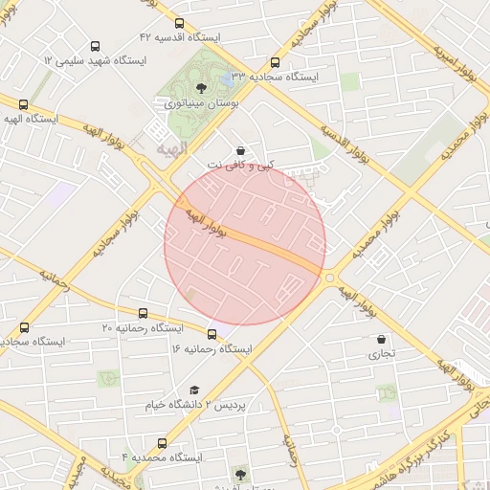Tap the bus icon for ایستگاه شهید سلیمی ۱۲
(95, 46)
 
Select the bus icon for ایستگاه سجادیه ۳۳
(276, 62)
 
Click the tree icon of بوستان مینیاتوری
(199, 88)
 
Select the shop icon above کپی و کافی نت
(239, 150)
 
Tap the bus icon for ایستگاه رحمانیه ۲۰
(144, 313)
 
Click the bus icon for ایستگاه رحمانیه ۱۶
(212, 335)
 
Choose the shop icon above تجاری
(382, 339)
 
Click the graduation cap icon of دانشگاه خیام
(194, 390)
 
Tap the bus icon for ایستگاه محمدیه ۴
(161, 443)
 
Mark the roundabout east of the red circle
(330, 278)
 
